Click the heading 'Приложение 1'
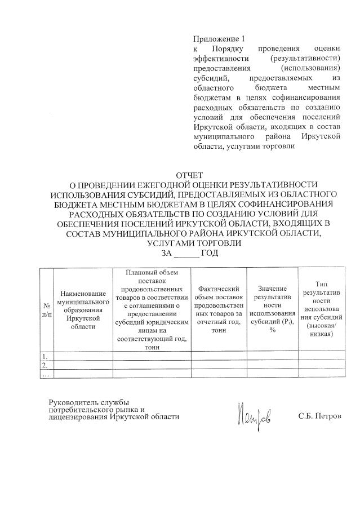point(219,39)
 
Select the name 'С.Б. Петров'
point(319,417)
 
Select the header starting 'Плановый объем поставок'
point(152,310)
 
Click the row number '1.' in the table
point(46,356)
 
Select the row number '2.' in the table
point(46,366)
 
